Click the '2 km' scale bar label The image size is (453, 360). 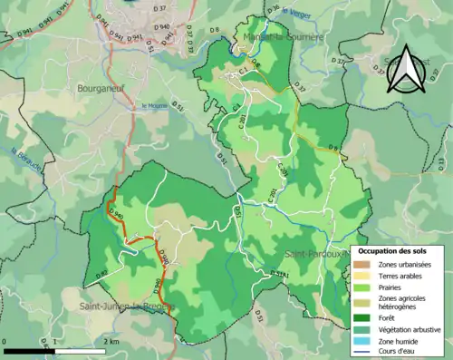click(110, 341)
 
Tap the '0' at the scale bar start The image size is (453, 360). click(6, 341)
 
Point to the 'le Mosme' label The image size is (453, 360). click(155, 106)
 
